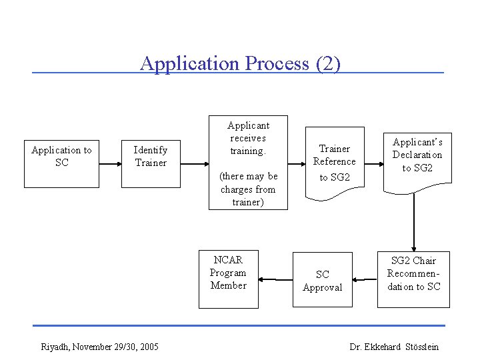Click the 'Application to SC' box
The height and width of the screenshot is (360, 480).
(x=61, y=163)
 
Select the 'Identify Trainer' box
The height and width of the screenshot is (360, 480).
(x=151, y=163)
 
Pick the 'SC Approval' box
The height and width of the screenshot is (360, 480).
(x=323, y=280)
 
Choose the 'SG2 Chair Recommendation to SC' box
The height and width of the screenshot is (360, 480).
(x=414, y=279)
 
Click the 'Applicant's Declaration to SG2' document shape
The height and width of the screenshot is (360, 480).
(x=417, y=157)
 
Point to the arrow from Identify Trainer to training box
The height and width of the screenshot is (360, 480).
(x=194, y=163)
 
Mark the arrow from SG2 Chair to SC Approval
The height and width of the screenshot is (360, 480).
(x=364, y=280)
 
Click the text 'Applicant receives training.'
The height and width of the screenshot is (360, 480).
(x=248, y=138)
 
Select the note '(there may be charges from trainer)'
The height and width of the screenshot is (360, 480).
(x=248, y=189)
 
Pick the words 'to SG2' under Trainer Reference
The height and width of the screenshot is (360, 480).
(x=335, y=177)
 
